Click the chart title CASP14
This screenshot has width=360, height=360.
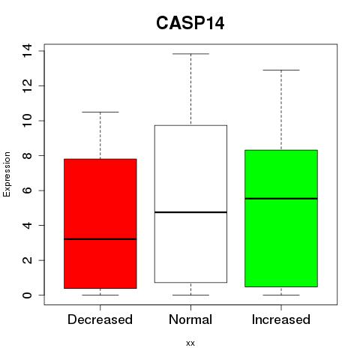point(190,23)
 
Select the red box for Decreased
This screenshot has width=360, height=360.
point(100,223)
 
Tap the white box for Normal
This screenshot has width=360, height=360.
point(190,204)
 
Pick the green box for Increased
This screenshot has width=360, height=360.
point(281,218)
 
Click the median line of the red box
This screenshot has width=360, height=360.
point(100,239)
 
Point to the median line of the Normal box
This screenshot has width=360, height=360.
point(190,212)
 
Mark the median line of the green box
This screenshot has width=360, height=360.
point(281,199)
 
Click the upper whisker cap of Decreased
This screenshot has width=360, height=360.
point(100,112)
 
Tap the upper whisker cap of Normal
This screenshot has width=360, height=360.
point(190,54)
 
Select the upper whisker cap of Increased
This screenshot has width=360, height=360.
point(281,70)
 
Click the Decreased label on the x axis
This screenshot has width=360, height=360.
point(100,319)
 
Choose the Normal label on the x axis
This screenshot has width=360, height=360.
point(190,319)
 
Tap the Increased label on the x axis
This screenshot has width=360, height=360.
point(281,319)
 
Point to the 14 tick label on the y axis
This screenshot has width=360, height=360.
point(27,51)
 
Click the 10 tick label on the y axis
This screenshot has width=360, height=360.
point(27,121)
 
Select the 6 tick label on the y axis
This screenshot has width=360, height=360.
point(27,190)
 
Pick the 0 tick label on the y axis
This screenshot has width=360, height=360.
point(27,295)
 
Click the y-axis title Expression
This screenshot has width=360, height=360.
point(7,174)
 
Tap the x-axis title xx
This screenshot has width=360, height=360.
point(190,343)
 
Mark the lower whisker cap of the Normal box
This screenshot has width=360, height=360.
point(190,295)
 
